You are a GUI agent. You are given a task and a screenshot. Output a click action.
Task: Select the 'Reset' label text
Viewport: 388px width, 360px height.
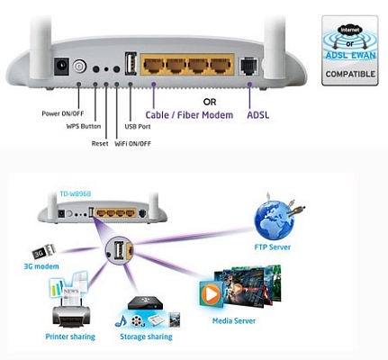[99, 142]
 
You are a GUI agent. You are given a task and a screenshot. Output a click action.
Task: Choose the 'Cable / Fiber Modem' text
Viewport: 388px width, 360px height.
[190, 115]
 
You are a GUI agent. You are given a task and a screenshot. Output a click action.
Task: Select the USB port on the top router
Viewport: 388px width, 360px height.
[131, 64]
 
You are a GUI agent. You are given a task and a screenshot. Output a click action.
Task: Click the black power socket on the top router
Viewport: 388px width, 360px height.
[62, 66]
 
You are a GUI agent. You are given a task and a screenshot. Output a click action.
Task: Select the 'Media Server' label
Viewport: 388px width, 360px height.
[233, 320]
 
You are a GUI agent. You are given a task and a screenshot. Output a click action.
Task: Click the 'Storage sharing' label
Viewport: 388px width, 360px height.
[145, 338]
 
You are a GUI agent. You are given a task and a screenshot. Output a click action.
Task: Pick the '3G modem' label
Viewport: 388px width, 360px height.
[41, 266]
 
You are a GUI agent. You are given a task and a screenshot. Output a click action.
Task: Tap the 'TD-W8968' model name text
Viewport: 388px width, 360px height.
[77, 192]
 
